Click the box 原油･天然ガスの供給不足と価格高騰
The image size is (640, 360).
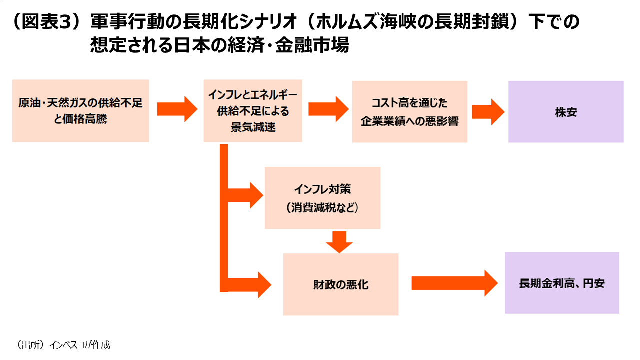click(x=80, y=111)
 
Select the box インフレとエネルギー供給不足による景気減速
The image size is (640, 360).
click(x=253, y=111)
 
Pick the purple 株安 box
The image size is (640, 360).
click(x=566, y=112)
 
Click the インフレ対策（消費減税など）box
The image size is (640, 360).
click(x=322, y=198)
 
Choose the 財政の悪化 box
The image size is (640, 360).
click(x=340, y=284)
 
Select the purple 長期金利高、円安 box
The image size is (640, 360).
click(x=562, y=283)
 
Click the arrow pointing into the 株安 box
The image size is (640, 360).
click(x=488, y=112)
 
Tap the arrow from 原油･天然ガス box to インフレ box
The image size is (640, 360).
click(x=177, y=109)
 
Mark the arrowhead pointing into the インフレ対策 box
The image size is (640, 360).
click(x=256, y=195)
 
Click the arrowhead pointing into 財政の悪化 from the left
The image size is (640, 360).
click(x=264, y=284)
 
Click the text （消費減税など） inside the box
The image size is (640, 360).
click(x=322, y=207)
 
